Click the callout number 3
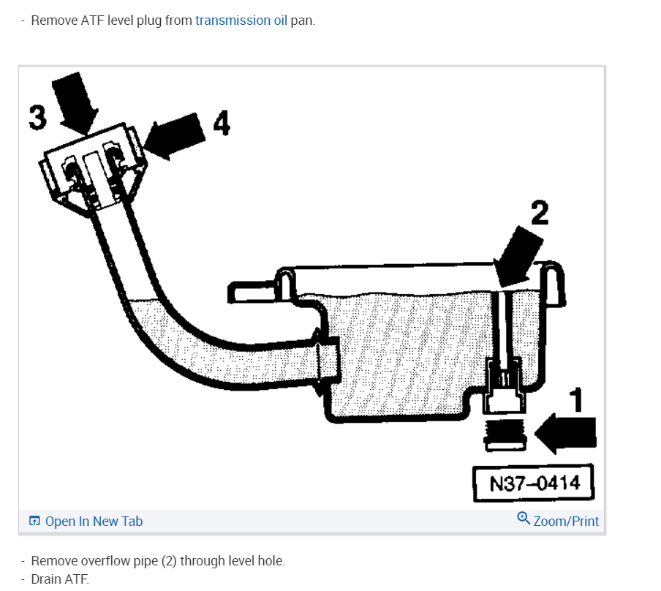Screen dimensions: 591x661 point(37,117)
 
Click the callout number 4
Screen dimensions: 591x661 point(221,123)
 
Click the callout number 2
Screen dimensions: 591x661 point(539,213)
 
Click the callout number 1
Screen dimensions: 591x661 point(577,399)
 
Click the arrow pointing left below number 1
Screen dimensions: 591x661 point(566,433)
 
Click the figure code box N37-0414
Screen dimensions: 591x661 point(533,483)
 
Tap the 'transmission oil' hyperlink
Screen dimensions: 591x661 point(241,20)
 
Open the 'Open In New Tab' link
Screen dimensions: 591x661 point(94,522)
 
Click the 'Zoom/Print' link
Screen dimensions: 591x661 point(566,522)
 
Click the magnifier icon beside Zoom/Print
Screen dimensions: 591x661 point(524,519)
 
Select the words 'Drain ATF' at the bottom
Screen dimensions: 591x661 point(59,579)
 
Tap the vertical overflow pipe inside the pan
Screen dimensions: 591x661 point(502,325)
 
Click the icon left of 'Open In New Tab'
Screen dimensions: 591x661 point(34,522)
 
